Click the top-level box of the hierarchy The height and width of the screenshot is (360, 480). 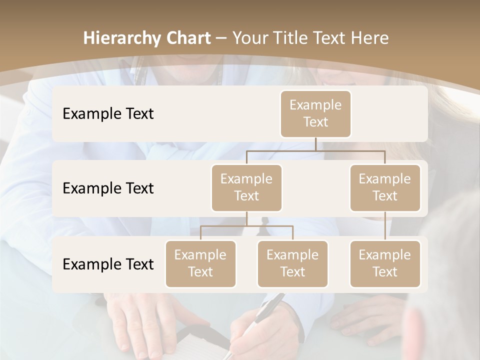pyautogui.click(x=315, y=114)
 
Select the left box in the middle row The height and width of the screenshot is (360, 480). pyautogui.click(x=246, y=188)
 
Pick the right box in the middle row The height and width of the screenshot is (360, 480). pyautogui.click(x=385, y=188)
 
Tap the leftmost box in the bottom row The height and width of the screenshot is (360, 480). pyautogui.click(x=200, y=264)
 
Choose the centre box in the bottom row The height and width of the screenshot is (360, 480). pyautogui.click(x=292, y=264)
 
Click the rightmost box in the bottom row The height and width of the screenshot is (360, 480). pyautogui.click(x=385, y=264)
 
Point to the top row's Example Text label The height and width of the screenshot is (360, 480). pyautogui.click(x=108, y=114)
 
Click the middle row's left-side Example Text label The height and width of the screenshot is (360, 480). pyautogui.click(x=108, y=188)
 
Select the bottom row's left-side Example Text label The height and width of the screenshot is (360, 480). pyautogui.click(x=108, y=264)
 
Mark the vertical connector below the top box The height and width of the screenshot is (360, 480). pyautogui.click(x=315, y=144)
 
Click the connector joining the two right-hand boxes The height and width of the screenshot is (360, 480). pyautogui.click(x=385, y=226)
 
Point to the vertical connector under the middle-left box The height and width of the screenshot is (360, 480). pyautogui.click(x=246, y=219)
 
